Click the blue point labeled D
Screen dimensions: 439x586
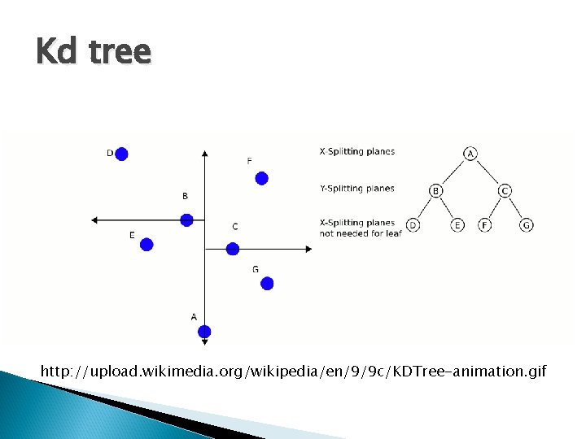click(121, 154)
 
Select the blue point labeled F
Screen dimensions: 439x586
click(261, 178)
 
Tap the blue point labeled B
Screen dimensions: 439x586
click(186, 219)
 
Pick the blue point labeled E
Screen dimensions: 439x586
click(146, 244)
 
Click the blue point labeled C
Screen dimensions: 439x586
click(232, 249)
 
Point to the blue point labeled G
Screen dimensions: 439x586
click(267, 283)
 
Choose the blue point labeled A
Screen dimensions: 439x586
click(204, 331)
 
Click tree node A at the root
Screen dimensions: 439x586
click(470, 154)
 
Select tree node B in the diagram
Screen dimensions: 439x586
click(436, 191)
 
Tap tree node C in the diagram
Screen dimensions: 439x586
click(505, 191)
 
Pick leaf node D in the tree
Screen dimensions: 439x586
click(413, 224)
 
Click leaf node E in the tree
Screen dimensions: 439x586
click(457, 224)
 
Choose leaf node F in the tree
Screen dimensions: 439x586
click(484, 224)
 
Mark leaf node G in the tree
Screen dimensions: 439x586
click(527, 224)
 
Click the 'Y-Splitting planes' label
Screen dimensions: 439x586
click(356, 189)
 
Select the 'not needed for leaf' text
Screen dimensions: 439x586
click(360, 233)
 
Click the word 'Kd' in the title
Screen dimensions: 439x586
click(58, 52)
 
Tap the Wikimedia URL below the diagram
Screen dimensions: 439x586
click(293, 372)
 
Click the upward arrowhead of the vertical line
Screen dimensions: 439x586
click(204, 152)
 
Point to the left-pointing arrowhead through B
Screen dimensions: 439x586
click(94, 219)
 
